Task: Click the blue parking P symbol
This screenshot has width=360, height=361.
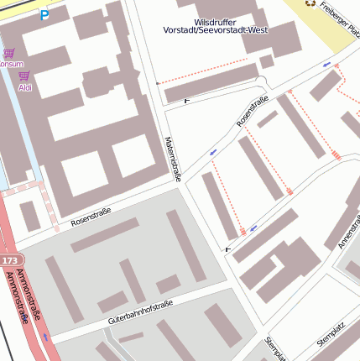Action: click(x=44, y=14)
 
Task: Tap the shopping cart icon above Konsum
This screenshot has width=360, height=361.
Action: click(x=9, y=52)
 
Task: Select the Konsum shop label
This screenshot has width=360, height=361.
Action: click(x=10, y=64)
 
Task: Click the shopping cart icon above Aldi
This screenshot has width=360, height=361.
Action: click(x=23, y=76)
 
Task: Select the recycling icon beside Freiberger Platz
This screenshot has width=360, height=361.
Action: click(x=311, y=3)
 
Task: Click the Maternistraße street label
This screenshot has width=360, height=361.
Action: click(x=174, y=160)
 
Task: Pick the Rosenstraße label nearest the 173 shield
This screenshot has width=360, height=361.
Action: click(x=91, y=216)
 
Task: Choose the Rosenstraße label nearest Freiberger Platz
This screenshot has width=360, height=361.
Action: click(x=253, y=112)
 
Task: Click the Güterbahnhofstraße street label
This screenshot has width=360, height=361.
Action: click(x=140, y=311)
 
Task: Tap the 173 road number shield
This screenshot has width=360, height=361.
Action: click(x=8, y=261)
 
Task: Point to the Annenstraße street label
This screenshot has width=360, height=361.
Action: click(x=347, y=229)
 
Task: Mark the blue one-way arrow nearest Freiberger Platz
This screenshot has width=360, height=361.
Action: click(x=326, y=65)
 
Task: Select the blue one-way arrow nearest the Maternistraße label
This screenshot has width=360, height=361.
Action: click(x=213, y=152)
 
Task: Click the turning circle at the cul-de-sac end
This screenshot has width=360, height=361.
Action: click(x=261, y=81)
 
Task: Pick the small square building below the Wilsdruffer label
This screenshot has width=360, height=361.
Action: click(x=267, y=61)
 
